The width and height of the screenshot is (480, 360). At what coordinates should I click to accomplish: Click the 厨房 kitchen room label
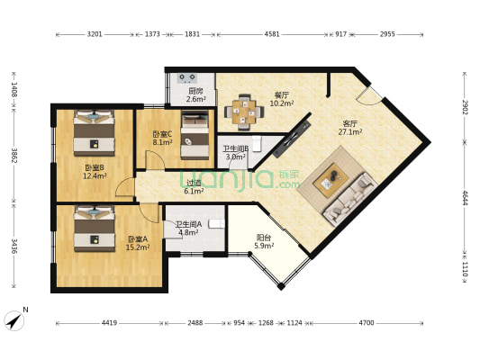(x=195, y=91)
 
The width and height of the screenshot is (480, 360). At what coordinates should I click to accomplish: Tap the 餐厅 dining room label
(x=281, y=94)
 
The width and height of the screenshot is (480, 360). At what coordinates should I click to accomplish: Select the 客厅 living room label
(x=350, y=123)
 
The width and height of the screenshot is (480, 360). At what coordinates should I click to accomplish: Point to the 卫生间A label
(x=188, y=224)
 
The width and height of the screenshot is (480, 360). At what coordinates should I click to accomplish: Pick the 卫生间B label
(x=236, y=148)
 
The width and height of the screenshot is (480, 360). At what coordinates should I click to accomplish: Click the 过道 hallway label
(x=194, y=182)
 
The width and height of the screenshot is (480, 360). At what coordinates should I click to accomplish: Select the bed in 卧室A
(x=94, y=229)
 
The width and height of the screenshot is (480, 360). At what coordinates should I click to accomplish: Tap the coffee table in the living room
(x=330, y=180)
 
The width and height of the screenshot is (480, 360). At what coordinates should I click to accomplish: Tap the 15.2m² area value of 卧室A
(x=137, y=247)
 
